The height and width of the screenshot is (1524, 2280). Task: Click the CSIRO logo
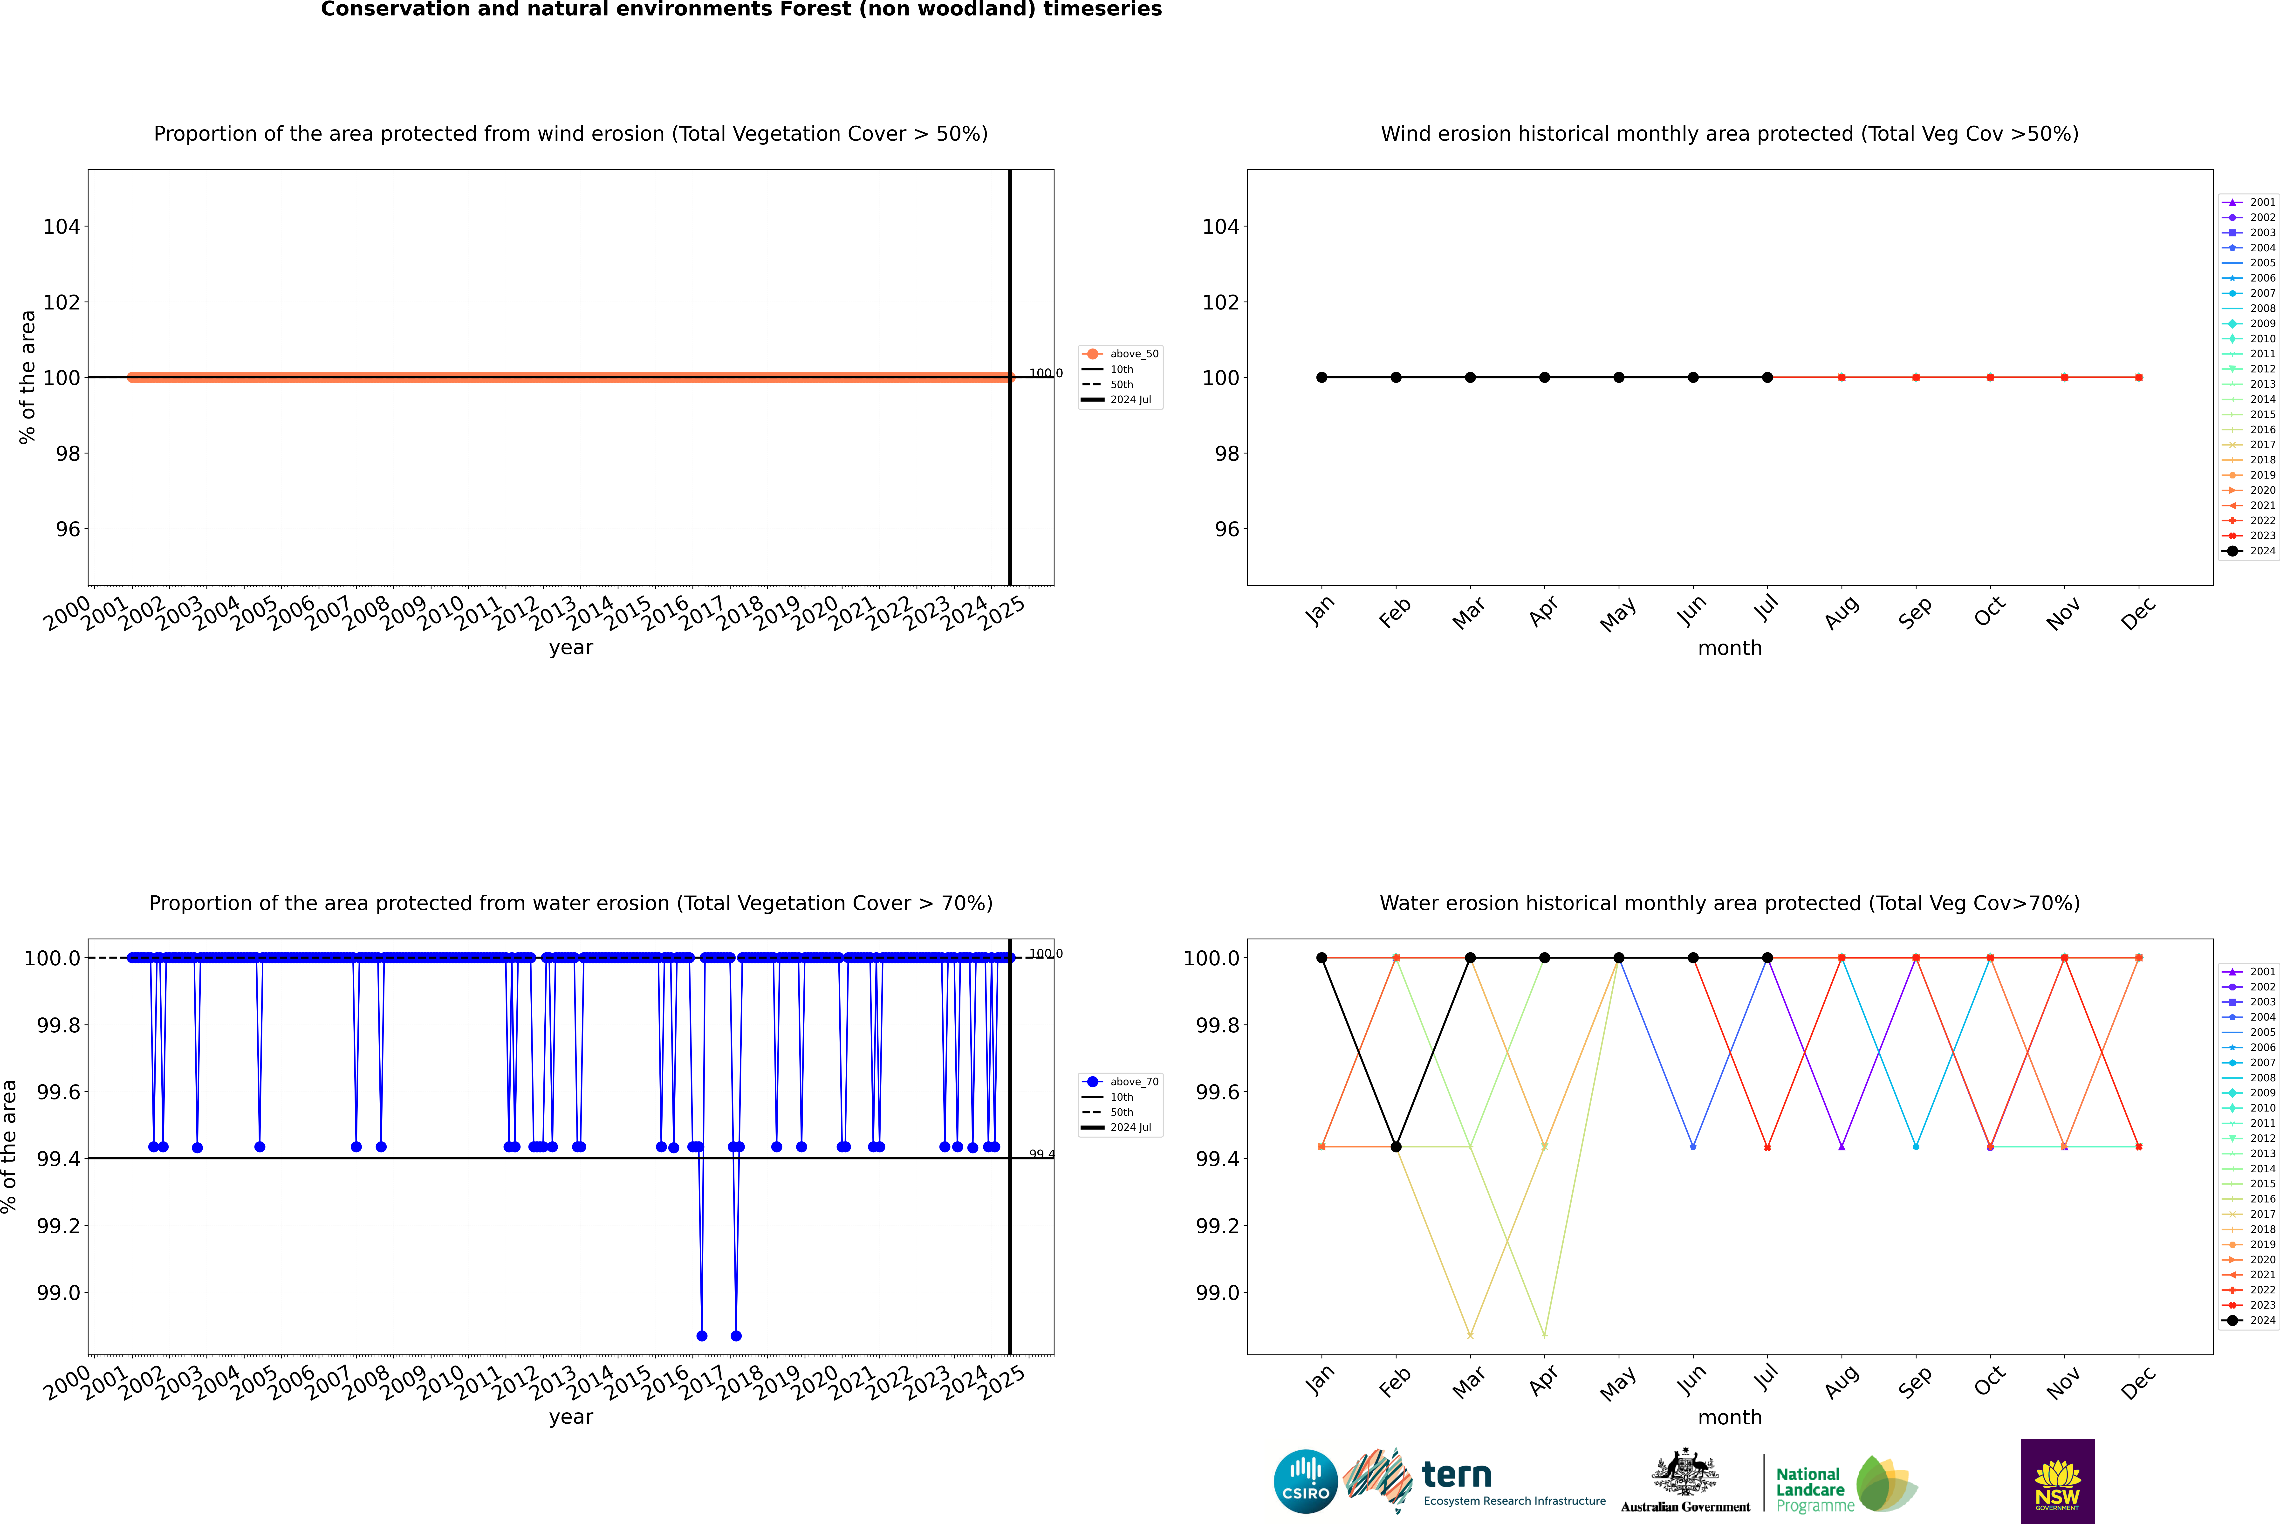point(1305,1481)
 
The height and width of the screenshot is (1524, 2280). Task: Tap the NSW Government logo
point(2057,1481)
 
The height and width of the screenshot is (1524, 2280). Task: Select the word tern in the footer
point(1456,1475)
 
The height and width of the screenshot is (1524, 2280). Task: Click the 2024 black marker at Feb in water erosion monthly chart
point(1396,1147)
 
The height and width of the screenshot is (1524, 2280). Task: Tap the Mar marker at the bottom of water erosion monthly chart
point(1469,1335)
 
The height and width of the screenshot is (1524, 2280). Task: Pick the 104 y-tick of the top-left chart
point(61,227)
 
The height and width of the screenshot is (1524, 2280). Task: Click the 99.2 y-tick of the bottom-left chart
point(58,1226)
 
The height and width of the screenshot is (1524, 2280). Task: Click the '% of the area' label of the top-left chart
point(27,377)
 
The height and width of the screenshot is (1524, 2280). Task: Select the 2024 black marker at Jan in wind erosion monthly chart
point(1322,377)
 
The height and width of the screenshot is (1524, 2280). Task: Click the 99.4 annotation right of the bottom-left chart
point(1042,1154)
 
